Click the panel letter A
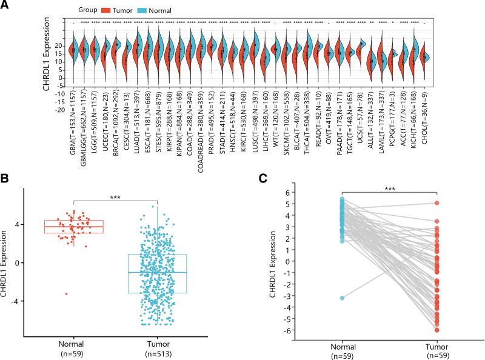(x=5, y=5)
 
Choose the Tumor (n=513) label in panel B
(x=157, y=340)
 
